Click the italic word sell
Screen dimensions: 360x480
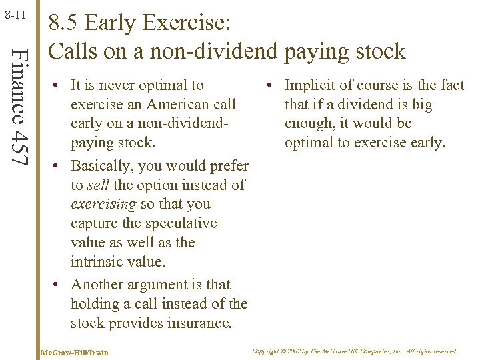tap(100, 185)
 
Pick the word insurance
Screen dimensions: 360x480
tap(197, 323)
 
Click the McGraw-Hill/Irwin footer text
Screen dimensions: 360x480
tap(74, 351)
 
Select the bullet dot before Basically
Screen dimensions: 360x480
tap(58, 165)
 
